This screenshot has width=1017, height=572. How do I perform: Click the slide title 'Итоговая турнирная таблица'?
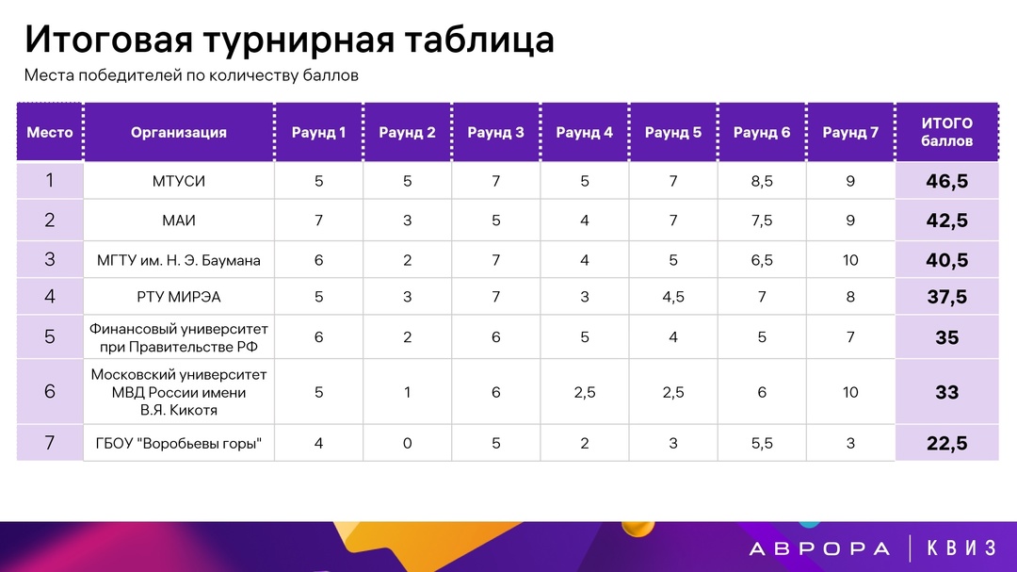[x=289, y=41]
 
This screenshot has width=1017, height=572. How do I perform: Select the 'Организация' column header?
[x=179, y=133]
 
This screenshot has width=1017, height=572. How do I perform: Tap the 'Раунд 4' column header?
[x=584, y=133]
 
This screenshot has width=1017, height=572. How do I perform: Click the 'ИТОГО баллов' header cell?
[x=946, y=133]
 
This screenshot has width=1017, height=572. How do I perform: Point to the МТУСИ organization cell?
[x=179, y=182]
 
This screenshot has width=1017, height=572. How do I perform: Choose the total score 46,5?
[x=946, y=182]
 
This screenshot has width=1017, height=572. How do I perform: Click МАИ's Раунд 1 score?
[x=318, y=221]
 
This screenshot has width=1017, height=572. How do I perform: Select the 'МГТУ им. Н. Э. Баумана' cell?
[x=179, y=260]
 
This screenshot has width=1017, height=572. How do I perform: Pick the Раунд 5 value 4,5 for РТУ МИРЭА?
[x=673, y=298]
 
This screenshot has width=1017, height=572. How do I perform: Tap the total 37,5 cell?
[x=946, y=298]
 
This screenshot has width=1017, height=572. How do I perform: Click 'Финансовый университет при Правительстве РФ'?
[x=179, y=337]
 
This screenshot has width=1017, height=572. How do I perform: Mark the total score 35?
[x=946, y=337]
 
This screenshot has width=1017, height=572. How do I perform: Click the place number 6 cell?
[x=50, y=392]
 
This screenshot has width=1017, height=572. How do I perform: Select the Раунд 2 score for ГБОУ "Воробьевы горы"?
[x=407, y=444]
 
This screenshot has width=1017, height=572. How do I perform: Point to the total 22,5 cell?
[x=946, y=444]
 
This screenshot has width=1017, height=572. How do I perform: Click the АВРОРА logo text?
[x=819, y=548]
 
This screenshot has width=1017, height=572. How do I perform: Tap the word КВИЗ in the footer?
[x=960, y=548]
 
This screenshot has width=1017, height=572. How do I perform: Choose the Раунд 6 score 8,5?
[x=762, y=182]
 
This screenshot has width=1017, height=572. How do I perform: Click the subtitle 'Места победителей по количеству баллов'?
[x=191, y=75]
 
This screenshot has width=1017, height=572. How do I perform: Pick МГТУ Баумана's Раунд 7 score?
[x=850, y=260]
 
